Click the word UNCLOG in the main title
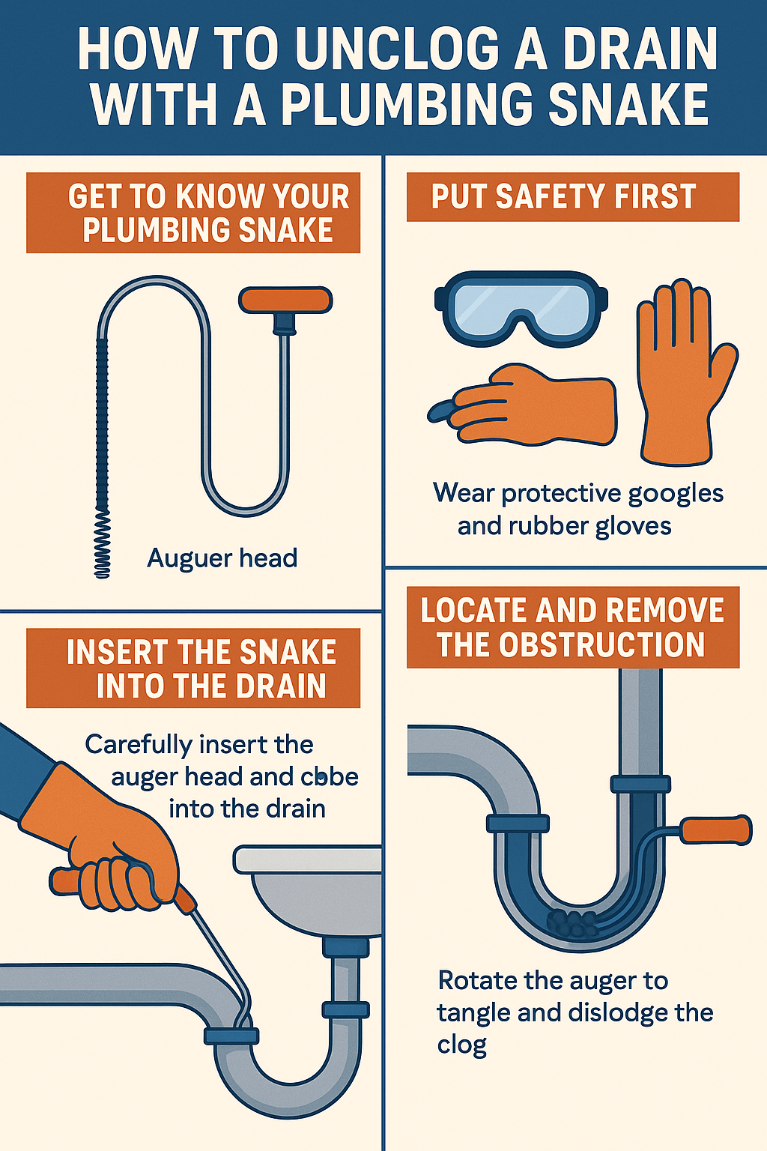397,49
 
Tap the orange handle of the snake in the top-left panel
285,300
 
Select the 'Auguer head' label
222,558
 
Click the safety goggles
521,308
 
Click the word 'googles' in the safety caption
676,495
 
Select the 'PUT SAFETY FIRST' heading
564,197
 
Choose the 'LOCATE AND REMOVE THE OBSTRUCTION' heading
572,627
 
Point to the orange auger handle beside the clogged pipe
715,830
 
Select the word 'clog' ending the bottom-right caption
462,1045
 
